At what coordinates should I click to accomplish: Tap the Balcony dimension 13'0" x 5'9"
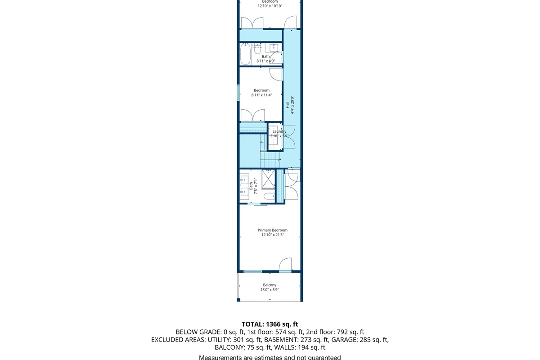point(270,290)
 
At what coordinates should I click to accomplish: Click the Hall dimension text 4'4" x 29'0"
point(292,105)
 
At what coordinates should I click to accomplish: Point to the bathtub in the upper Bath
point(246,54)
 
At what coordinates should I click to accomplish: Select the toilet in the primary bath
point(270,196)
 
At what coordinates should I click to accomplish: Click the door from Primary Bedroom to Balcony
point(285,265)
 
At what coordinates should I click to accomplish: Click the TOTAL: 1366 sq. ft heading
point(270,324)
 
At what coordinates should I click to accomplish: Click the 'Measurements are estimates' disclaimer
point(270,357)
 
